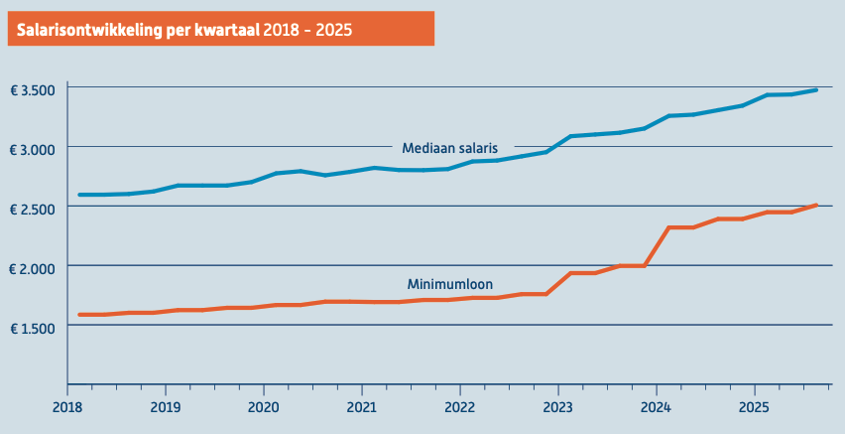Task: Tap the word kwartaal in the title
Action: (229, 30)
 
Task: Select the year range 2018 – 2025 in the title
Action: (308, 30)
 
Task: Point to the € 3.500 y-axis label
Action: (32, 89)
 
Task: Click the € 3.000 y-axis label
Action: (32, 148)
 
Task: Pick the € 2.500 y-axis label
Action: (32, 208)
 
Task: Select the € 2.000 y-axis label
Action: (32, 267)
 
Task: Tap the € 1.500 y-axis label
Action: (32, 327)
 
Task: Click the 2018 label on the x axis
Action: (67, 406)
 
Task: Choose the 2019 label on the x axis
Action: (166, 406)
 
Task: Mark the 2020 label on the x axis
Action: (264, 406)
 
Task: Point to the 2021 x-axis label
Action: (362, 406)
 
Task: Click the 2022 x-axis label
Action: (460, 406)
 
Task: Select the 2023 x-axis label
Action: (558, 406)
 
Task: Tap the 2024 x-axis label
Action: (657, 406)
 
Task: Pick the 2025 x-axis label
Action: (755, 406)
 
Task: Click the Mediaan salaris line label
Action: (449, 148)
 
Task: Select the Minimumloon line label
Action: (449, 284)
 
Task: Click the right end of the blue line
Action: (815, 90)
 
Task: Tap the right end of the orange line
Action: (815, 206)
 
